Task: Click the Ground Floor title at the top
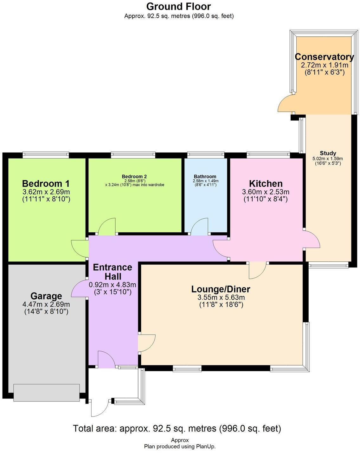pos(178,6)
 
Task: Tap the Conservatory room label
pos(324,57)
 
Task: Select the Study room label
pos(328,153)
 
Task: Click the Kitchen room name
pos(266,184)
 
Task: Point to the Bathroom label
pos(205,176)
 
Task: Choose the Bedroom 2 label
pos(134,176)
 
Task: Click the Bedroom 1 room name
pos(46,184)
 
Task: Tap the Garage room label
pos(46,296)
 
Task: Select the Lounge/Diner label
pos(221,289)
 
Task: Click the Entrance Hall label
pos(113,272)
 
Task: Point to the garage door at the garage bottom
pos(46,393)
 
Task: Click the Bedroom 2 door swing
pos(107,227)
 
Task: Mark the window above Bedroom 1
pos(46,155)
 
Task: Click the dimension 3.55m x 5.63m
pos(221,298)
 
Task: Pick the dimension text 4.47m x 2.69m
pos(46,304)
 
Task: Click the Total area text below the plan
pos(177,429)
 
